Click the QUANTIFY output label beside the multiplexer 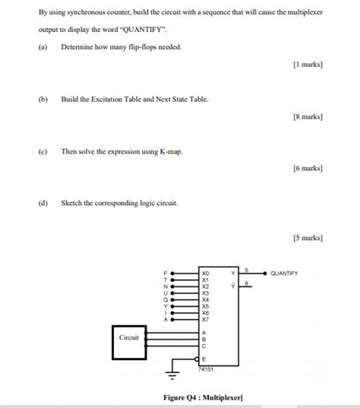click(284, 274)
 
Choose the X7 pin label click(205, 319)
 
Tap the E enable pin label click(204, 359)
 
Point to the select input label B click(204, 340)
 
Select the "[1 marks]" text click(308, 65)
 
